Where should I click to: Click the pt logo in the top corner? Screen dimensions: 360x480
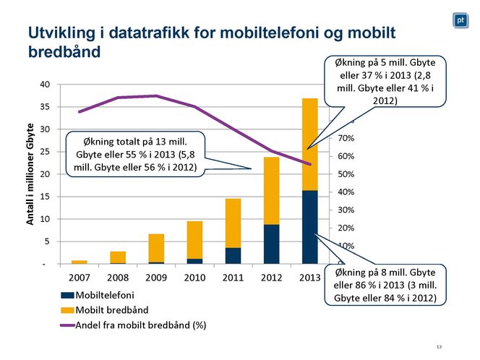pos(460,21)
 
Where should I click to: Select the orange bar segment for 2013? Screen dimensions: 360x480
pos(309,144)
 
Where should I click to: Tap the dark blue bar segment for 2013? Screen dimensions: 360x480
pos(309,227)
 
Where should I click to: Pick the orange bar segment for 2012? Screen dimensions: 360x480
pos(271,190)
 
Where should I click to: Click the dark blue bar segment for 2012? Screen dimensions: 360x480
pos(271,244)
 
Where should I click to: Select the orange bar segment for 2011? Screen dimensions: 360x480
pos(233,223)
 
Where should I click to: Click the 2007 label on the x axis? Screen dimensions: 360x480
pos(79,278)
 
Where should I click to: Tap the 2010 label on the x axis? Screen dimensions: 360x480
pos(194,278)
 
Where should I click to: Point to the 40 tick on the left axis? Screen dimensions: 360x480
pos(45,85)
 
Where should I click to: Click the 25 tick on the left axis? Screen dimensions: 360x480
pos(45,152)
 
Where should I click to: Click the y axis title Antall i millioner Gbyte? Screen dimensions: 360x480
pos(30,174)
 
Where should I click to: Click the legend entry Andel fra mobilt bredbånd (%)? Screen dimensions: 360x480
pos(134,325)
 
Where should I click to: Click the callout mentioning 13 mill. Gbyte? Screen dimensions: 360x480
pos(134,153)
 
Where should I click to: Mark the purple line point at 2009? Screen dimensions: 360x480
pos(156,95)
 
